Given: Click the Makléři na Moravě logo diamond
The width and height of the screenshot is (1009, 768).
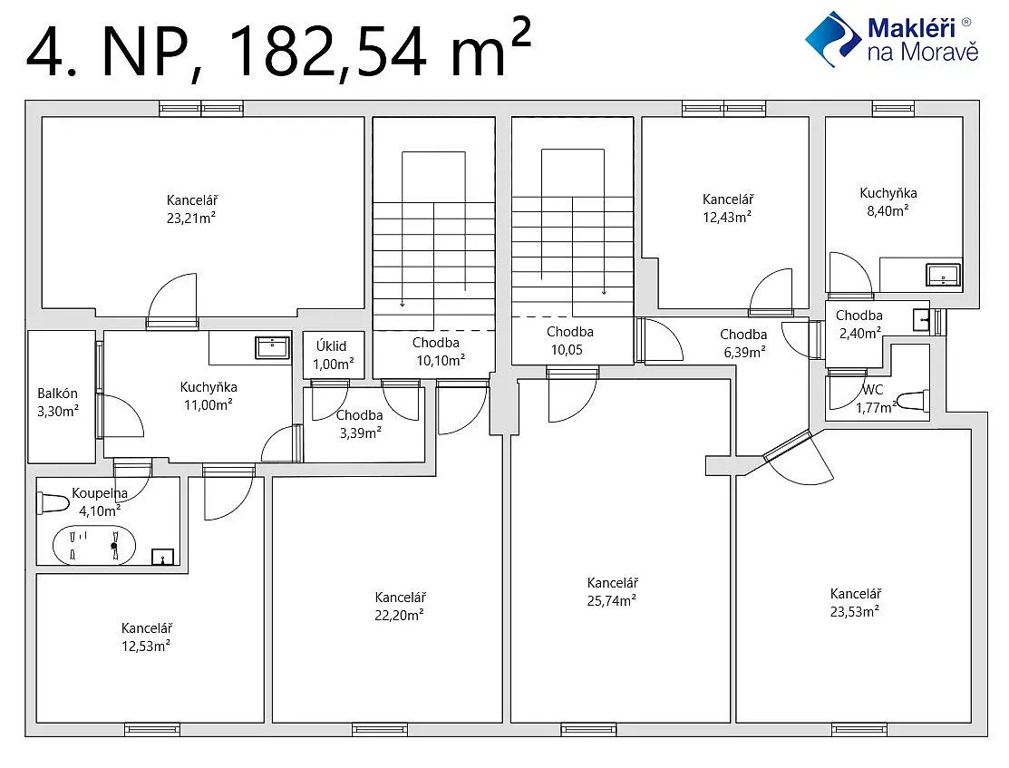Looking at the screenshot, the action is click(833, 39).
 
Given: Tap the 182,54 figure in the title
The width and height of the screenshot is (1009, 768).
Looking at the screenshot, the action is click(327, 50).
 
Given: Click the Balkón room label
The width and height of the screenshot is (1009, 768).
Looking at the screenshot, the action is click(57, 394).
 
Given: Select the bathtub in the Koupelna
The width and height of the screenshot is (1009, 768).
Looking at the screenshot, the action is click(94, 545).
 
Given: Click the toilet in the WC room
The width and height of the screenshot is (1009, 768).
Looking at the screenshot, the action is click(913, 401).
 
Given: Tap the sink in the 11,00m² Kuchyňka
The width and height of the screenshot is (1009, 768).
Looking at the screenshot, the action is click(272, 347).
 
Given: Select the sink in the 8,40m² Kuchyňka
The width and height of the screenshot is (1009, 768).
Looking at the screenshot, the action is click(944, 274).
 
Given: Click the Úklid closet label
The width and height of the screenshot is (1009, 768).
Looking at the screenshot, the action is click(332, 346).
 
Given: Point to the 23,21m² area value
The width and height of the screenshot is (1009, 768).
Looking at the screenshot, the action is click(191, 218).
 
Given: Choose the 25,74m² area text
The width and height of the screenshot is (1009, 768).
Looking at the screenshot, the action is click(612, 600).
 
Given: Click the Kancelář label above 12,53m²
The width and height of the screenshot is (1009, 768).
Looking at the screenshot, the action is click(147, 627).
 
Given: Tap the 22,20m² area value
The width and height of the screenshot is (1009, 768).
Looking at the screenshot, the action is click(399, 615).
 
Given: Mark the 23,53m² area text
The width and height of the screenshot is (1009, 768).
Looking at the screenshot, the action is click(855, 611).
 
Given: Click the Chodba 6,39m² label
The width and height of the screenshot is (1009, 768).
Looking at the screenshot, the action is click(743, 343).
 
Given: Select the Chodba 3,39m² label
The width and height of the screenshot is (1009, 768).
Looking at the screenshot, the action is click(360, 424).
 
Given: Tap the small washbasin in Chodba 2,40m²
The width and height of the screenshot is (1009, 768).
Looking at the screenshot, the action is click(921, 319).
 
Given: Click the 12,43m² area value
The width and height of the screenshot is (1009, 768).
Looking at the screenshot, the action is click(727, 217).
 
